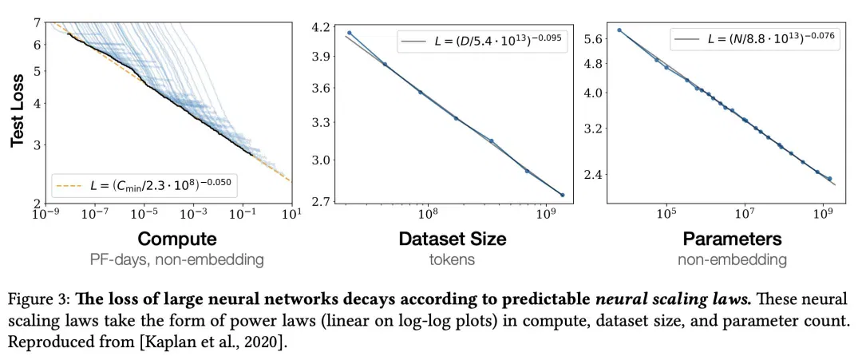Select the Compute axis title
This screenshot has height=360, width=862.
pyautogui.click(x=176, y=239)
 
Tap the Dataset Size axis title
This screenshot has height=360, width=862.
pyautogui.click(x=452, y=239)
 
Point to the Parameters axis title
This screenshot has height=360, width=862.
pyautogui.click(x=732, y=239)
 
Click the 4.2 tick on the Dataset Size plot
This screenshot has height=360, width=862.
pyautogui.click(x=324, y=26)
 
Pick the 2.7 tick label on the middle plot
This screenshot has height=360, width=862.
pyautogui.click(x=324, y=200)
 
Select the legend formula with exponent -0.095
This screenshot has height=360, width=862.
pyautogui.click(x=482, y=42)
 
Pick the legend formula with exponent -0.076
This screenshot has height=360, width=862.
pyautogui.click(x=754, y=39)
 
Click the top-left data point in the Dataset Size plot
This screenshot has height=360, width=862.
pyautogui.click(x=349, y=33)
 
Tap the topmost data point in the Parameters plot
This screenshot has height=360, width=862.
pyautogui.click(x=619, y=30)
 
